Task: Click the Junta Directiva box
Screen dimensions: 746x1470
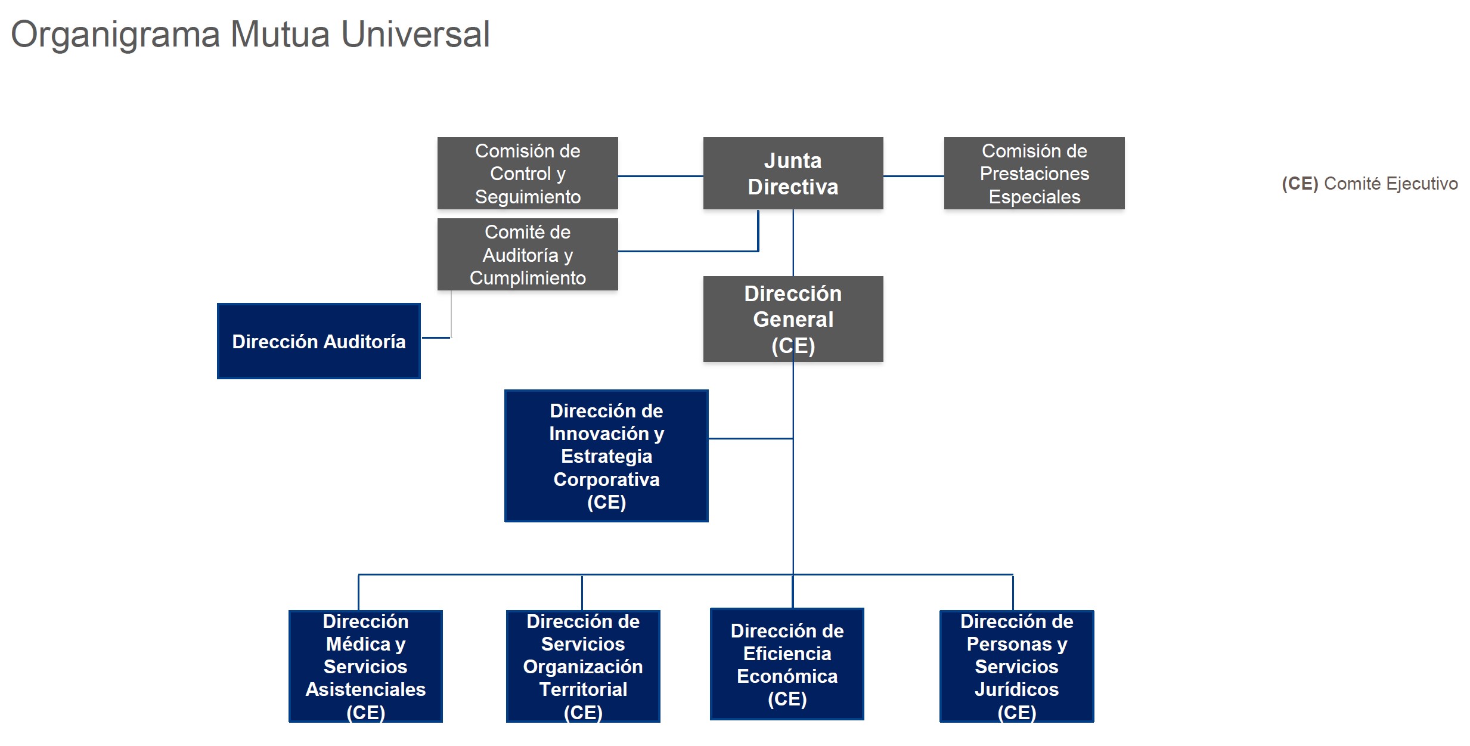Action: coord(793,173)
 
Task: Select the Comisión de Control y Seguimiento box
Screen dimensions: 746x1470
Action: coord(528,173)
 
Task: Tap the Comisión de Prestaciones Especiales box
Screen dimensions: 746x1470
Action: coord(1034,173)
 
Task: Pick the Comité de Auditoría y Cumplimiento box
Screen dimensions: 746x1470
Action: coord(528,255)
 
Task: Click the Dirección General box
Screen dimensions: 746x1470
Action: coord(793,318)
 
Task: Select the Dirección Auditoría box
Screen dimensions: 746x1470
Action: coord(319,341)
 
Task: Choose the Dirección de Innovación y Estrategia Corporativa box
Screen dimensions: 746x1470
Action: coord(606,456)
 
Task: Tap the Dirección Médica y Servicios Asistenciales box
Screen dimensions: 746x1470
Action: coord(365,666)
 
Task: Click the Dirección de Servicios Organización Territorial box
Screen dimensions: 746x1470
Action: coord(583,666)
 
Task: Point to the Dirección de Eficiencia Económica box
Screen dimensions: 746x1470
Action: coord(787,664)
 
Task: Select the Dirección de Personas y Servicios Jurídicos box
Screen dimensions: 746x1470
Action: coord(1016,666)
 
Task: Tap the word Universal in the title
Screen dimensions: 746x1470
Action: coord(415,35)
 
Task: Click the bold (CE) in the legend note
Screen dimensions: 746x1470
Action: coord(1300,184)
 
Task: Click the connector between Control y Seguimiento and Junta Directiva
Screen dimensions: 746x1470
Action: coord(660,176)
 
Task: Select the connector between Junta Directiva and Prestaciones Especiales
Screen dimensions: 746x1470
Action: coord(913,176)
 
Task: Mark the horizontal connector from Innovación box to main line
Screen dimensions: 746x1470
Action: coord(750,438)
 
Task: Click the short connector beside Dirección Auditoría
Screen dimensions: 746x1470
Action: coord(436,338)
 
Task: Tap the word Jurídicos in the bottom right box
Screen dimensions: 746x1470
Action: coord(1016,689)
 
